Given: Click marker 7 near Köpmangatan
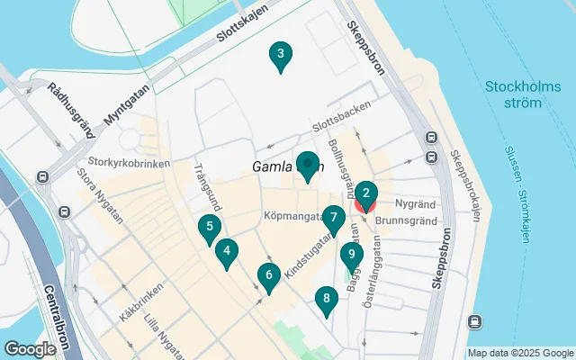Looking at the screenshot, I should click(333, 219).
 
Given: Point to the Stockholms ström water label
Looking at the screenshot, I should click(513, 94).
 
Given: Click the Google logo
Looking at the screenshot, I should click(30, 348).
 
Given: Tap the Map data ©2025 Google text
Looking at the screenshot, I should click(519, 353).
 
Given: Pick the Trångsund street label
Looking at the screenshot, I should click(204, 184).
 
